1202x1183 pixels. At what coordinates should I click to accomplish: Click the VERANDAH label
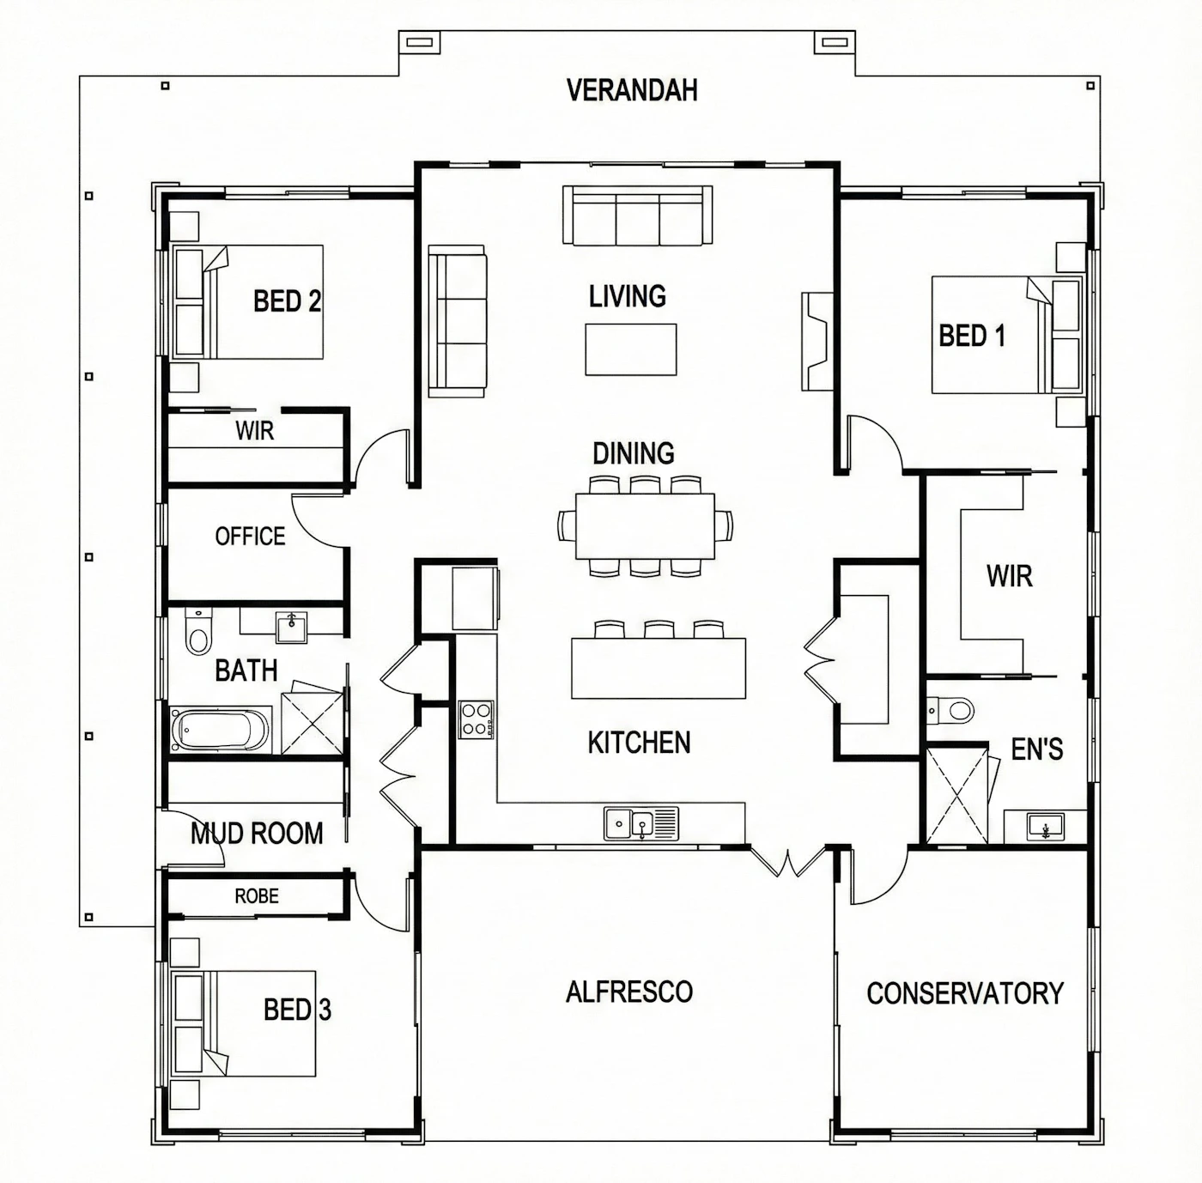[631, 90]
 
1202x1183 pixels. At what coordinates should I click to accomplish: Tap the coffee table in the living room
[631, 349]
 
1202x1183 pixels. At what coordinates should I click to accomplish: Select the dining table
[645, 526]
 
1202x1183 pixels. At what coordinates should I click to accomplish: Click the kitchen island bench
[658, 668]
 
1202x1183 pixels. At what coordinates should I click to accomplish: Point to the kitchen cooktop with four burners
[476, 719]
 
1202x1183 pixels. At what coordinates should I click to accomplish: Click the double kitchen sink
[640, 823]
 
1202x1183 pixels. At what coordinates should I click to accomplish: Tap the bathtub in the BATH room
[220, 730]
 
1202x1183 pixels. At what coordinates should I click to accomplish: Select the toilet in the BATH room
[198, 632]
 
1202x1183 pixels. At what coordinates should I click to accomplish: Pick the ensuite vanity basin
[1046, 826]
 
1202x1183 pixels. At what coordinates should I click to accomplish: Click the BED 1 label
[972, 336]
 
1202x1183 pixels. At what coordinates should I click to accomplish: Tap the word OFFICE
[250, 537]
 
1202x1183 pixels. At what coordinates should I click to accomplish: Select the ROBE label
[257, 896]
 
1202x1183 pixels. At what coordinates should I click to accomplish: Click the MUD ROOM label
[257, 834]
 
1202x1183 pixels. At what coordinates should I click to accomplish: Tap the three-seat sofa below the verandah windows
[638, 215]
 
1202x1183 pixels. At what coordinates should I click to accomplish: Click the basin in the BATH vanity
[291, 627]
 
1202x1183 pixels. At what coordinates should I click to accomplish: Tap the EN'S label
[1036, 749]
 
